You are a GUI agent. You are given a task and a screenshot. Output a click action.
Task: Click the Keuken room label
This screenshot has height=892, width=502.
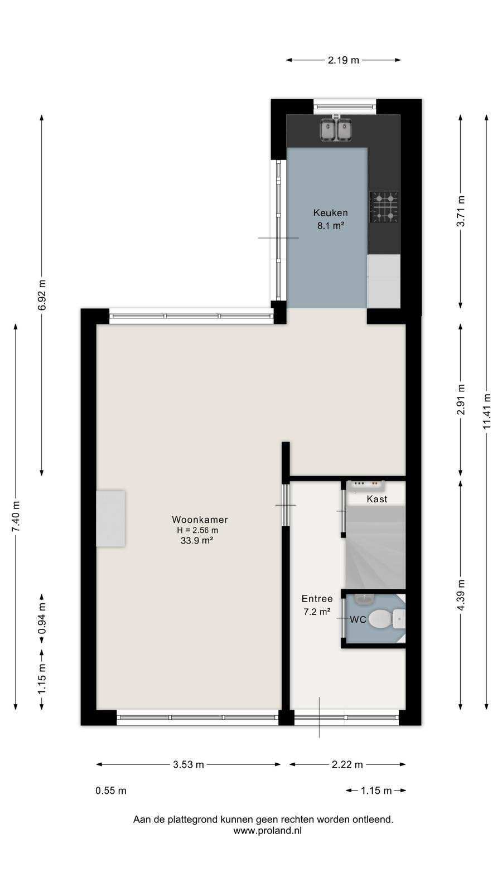[x=330, y=212]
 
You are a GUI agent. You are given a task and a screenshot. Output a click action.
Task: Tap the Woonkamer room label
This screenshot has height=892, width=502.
[x=200, y=520]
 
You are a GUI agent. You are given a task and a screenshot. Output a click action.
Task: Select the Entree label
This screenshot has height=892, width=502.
[x=317, y=599]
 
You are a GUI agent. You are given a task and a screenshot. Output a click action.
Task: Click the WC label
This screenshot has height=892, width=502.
[x=358, y=619]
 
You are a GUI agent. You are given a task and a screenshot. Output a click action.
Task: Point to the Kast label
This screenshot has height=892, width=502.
[x=377, y=499]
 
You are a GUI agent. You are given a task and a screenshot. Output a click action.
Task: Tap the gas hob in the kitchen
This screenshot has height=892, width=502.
[x=384, y=207]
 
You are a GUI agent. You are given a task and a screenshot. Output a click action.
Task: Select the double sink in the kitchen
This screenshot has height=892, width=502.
[x=336, y=129]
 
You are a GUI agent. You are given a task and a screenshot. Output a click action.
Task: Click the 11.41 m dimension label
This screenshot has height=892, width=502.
[x=487, y=412]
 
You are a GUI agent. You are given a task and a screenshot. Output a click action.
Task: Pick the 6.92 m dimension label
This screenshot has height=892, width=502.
[x=42, y=295]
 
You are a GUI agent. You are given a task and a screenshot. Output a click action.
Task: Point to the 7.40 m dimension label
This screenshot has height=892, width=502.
[x=16, y=516]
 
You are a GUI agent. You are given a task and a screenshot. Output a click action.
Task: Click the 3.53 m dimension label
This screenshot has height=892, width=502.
[x=189, y=764]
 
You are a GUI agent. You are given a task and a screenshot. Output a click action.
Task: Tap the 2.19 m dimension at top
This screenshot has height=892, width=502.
[x=344, y=60]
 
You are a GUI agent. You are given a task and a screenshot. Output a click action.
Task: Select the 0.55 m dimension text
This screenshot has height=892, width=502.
[x=111, y=791]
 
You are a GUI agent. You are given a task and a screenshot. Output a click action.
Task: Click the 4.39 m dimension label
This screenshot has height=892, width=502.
[x=461, y=595]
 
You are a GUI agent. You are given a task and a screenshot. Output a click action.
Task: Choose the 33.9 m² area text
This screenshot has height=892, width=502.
[x=197, y=540]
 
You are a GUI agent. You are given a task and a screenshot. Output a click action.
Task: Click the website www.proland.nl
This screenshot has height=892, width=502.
[x=267, y=831]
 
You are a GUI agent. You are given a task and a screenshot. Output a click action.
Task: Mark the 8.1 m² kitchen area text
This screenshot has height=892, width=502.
[x=330, y=226]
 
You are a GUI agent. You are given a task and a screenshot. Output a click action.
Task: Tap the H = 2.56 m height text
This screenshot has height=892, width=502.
[x=197, y=530]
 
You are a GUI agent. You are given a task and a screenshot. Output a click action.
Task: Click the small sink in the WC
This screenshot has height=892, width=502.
[x=363, y=599]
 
